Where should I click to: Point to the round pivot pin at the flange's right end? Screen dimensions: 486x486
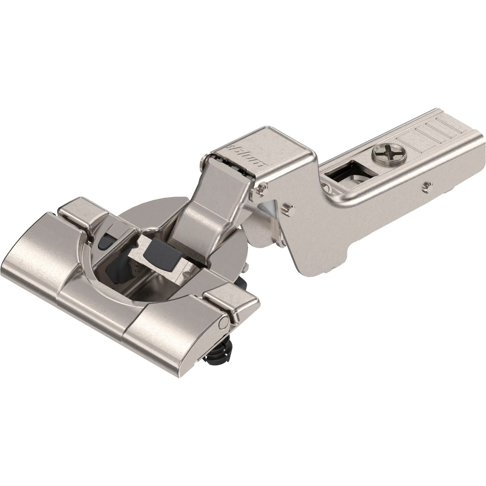tap(223, 322)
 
